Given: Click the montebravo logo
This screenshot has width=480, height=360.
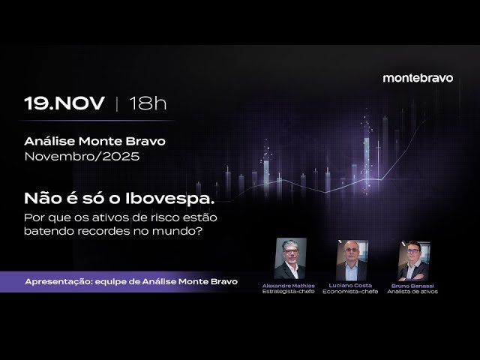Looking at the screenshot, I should (418, 78).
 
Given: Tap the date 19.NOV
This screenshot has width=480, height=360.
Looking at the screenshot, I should (64, 103).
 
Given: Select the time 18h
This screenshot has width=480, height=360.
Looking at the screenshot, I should (148, 103).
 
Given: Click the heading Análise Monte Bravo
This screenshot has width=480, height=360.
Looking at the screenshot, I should (95, 141).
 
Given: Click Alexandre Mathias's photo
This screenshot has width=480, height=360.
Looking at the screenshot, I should (289, 259).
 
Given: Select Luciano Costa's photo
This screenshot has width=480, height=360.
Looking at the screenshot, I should (350, 259).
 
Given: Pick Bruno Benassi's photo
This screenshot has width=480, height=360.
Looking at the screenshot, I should (412, 259).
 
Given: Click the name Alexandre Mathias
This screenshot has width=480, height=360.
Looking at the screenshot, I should (289, 286).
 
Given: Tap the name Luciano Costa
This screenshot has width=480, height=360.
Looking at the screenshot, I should (350, 286).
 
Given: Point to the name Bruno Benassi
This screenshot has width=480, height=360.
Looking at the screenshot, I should (412, 286).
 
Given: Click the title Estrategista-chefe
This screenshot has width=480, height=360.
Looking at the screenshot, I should (289, 292).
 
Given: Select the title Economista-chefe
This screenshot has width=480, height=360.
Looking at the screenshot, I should (350, 292).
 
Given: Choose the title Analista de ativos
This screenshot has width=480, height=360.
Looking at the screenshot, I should (412, 292).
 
